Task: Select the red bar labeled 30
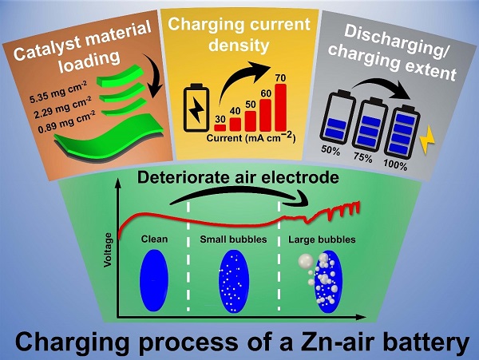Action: coord(220,126)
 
